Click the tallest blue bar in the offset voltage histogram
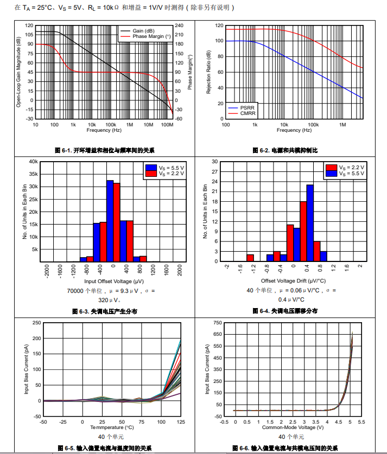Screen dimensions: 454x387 coord(110,220)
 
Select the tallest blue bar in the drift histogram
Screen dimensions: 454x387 coord(310,223)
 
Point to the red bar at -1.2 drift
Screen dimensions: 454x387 coord(250,258)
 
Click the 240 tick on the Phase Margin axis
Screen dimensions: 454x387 coord(179,25)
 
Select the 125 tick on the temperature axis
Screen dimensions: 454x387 coord(181,422)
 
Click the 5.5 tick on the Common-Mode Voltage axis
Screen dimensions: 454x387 coord(361,421)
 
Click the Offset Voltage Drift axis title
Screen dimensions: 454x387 coord(293,282)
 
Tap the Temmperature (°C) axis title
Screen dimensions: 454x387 coord(111,428)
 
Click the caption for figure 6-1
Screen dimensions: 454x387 coord(105,150)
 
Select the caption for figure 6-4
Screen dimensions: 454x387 coord(285,311)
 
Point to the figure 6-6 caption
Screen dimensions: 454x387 coord(285,448)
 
